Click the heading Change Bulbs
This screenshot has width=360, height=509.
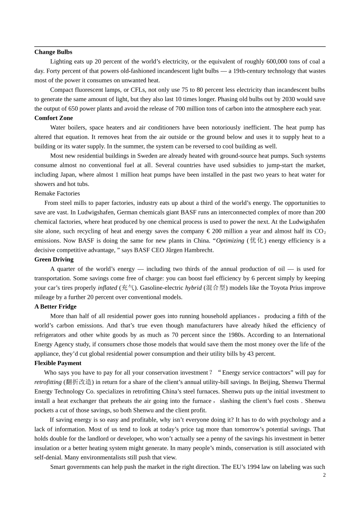click(x=53, y=52)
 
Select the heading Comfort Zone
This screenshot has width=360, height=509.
click(x=53, y=118)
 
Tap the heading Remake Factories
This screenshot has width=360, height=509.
click(x=57, y=194)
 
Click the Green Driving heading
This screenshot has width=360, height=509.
click(x=54, y=259)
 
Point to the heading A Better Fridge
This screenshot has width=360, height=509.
click(x=55, y=307)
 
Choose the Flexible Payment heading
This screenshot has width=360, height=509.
click(x=58, y=363)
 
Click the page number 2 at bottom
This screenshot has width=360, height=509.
click(x=324, y=475)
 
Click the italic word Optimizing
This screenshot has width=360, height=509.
click(x=230, y=241)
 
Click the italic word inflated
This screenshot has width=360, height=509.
click(x=107, y=288)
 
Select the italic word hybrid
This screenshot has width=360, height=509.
click(x=193, y=288)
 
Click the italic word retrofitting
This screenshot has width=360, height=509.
click(x=48, y=382)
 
